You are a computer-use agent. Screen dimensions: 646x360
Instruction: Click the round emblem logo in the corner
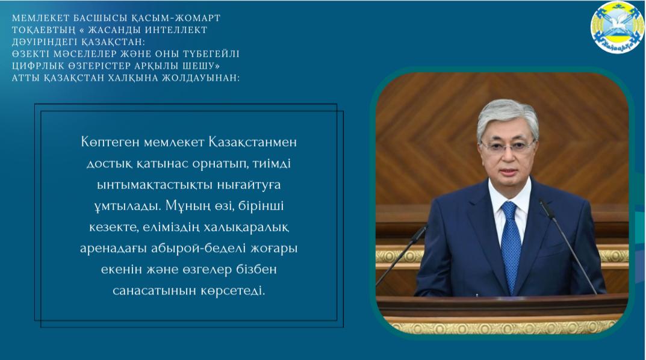pos(617,28)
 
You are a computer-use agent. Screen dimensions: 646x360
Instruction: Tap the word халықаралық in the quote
pos(250,228)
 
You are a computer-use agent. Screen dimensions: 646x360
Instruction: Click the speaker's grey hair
pos(508,116)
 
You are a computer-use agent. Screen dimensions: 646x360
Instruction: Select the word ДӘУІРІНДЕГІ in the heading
pos(43,42)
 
